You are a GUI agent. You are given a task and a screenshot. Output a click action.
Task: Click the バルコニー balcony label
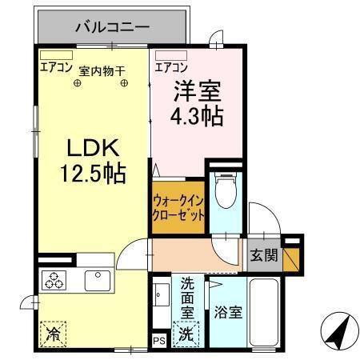(x=112, y=27)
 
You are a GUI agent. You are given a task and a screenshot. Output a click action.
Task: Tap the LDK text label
(x=92, y=148)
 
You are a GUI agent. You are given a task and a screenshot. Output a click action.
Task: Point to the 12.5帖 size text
(x=92, y=173)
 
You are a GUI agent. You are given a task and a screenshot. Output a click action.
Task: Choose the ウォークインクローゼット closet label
(x=178, y=208)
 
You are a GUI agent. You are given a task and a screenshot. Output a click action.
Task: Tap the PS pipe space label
(x=158, y=341)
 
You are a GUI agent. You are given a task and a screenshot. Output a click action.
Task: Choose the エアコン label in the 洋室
(x=171, y=67)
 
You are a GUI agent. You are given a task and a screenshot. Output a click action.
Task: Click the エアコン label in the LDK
(x=56, y=68)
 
